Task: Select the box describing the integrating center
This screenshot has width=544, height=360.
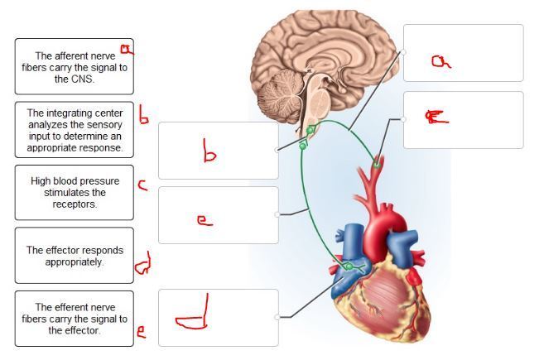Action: [74, 130]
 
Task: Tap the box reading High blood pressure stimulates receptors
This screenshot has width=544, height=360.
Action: [74, 192]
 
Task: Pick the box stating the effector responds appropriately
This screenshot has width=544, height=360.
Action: [74, 255]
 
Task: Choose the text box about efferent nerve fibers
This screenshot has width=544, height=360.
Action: [74, 318]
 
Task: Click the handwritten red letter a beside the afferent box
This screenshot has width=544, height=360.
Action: [126, 51]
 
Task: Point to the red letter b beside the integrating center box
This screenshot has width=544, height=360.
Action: [144, 118]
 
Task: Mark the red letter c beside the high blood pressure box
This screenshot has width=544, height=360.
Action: [142, 185]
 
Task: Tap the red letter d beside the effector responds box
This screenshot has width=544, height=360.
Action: [142, 264]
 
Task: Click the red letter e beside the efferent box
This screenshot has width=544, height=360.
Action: [142, 333]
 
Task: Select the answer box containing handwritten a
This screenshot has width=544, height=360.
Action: [463, 53]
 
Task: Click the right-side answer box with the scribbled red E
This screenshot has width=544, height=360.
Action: [463, 120]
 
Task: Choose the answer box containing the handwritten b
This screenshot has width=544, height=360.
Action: [218, 151]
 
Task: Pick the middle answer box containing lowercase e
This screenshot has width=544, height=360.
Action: [218, 215]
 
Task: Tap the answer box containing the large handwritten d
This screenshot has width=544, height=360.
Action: [218, 317]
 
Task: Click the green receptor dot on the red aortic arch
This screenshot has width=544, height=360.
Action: [378, 165]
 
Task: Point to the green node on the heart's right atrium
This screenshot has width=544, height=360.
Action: [349, 266]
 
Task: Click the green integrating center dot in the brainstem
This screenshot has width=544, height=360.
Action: [310, 131]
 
